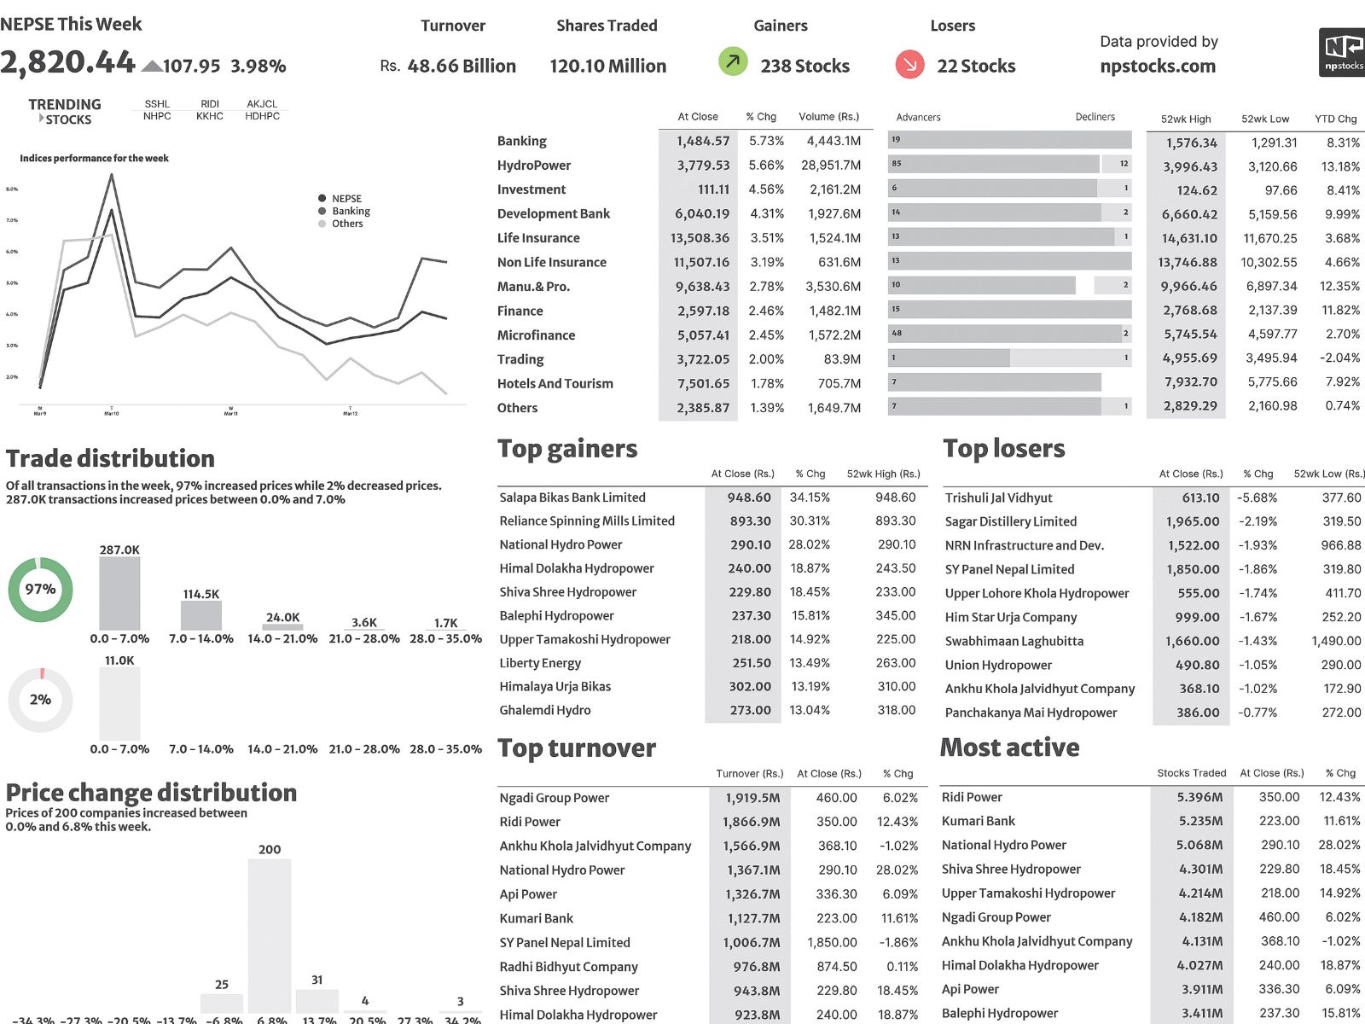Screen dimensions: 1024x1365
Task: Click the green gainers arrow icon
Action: (733, 61)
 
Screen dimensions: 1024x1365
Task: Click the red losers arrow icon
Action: (909, 63)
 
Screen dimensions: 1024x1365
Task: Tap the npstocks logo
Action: (1342, 52)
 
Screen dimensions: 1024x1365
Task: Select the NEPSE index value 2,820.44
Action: (67, 62)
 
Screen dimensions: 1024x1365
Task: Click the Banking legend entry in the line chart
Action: (351, 211)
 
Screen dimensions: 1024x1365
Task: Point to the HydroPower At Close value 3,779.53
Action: (703, 166)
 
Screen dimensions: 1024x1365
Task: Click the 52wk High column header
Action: (1185, 119)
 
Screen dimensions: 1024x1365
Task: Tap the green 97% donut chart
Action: (40, 589)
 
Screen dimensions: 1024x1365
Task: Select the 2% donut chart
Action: (40, 700)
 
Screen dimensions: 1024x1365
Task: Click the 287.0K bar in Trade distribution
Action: (119, 594)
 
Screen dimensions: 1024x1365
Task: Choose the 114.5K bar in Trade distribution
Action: (201, 615)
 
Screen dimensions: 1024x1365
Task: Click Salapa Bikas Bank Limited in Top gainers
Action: (572, 497)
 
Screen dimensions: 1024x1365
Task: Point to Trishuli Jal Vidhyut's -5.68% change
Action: (1257, 497)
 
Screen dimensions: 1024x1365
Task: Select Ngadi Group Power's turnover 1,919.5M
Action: (752, 798)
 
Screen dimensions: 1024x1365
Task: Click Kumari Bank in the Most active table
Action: (978, 821)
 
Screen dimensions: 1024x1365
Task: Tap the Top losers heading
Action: (1004, 449)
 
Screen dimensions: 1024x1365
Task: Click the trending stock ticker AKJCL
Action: (262, 104)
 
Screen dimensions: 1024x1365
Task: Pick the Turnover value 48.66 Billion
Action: (461, 66)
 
